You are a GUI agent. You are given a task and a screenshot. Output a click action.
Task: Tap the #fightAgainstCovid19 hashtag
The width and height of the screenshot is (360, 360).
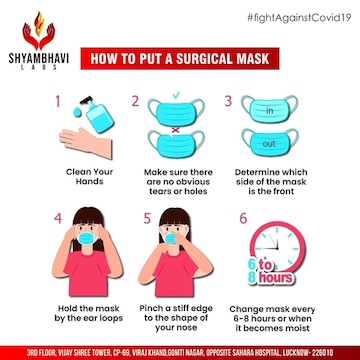click(299, 18)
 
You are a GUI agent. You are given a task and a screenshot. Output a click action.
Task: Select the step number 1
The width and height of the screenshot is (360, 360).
click(58, 102)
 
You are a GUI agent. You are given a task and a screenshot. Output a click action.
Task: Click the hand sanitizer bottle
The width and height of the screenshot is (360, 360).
click(98, 114)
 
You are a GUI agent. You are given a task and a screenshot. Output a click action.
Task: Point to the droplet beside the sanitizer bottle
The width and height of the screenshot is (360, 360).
click(77, 112)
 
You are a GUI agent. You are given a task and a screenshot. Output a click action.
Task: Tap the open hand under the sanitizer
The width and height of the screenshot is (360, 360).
click(86, 143)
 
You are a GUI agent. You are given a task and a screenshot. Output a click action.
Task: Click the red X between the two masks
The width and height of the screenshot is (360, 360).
click(175, 130)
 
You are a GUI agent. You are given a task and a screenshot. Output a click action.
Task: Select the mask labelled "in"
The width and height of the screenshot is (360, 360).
click(270, 109)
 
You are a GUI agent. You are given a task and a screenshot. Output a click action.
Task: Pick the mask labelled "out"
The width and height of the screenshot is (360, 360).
click(270, 142)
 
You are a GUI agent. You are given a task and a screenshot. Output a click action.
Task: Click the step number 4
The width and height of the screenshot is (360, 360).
click(58, 218)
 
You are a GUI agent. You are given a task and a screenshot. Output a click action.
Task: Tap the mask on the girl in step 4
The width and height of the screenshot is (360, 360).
click(86, 238)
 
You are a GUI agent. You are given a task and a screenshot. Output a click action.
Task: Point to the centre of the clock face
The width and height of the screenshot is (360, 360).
click(277, 249)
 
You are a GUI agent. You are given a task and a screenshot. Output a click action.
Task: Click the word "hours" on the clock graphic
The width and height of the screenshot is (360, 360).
click(275, 277)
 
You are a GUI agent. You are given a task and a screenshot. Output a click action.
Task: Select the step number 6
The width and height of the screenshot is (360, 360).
click(243, 218)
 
